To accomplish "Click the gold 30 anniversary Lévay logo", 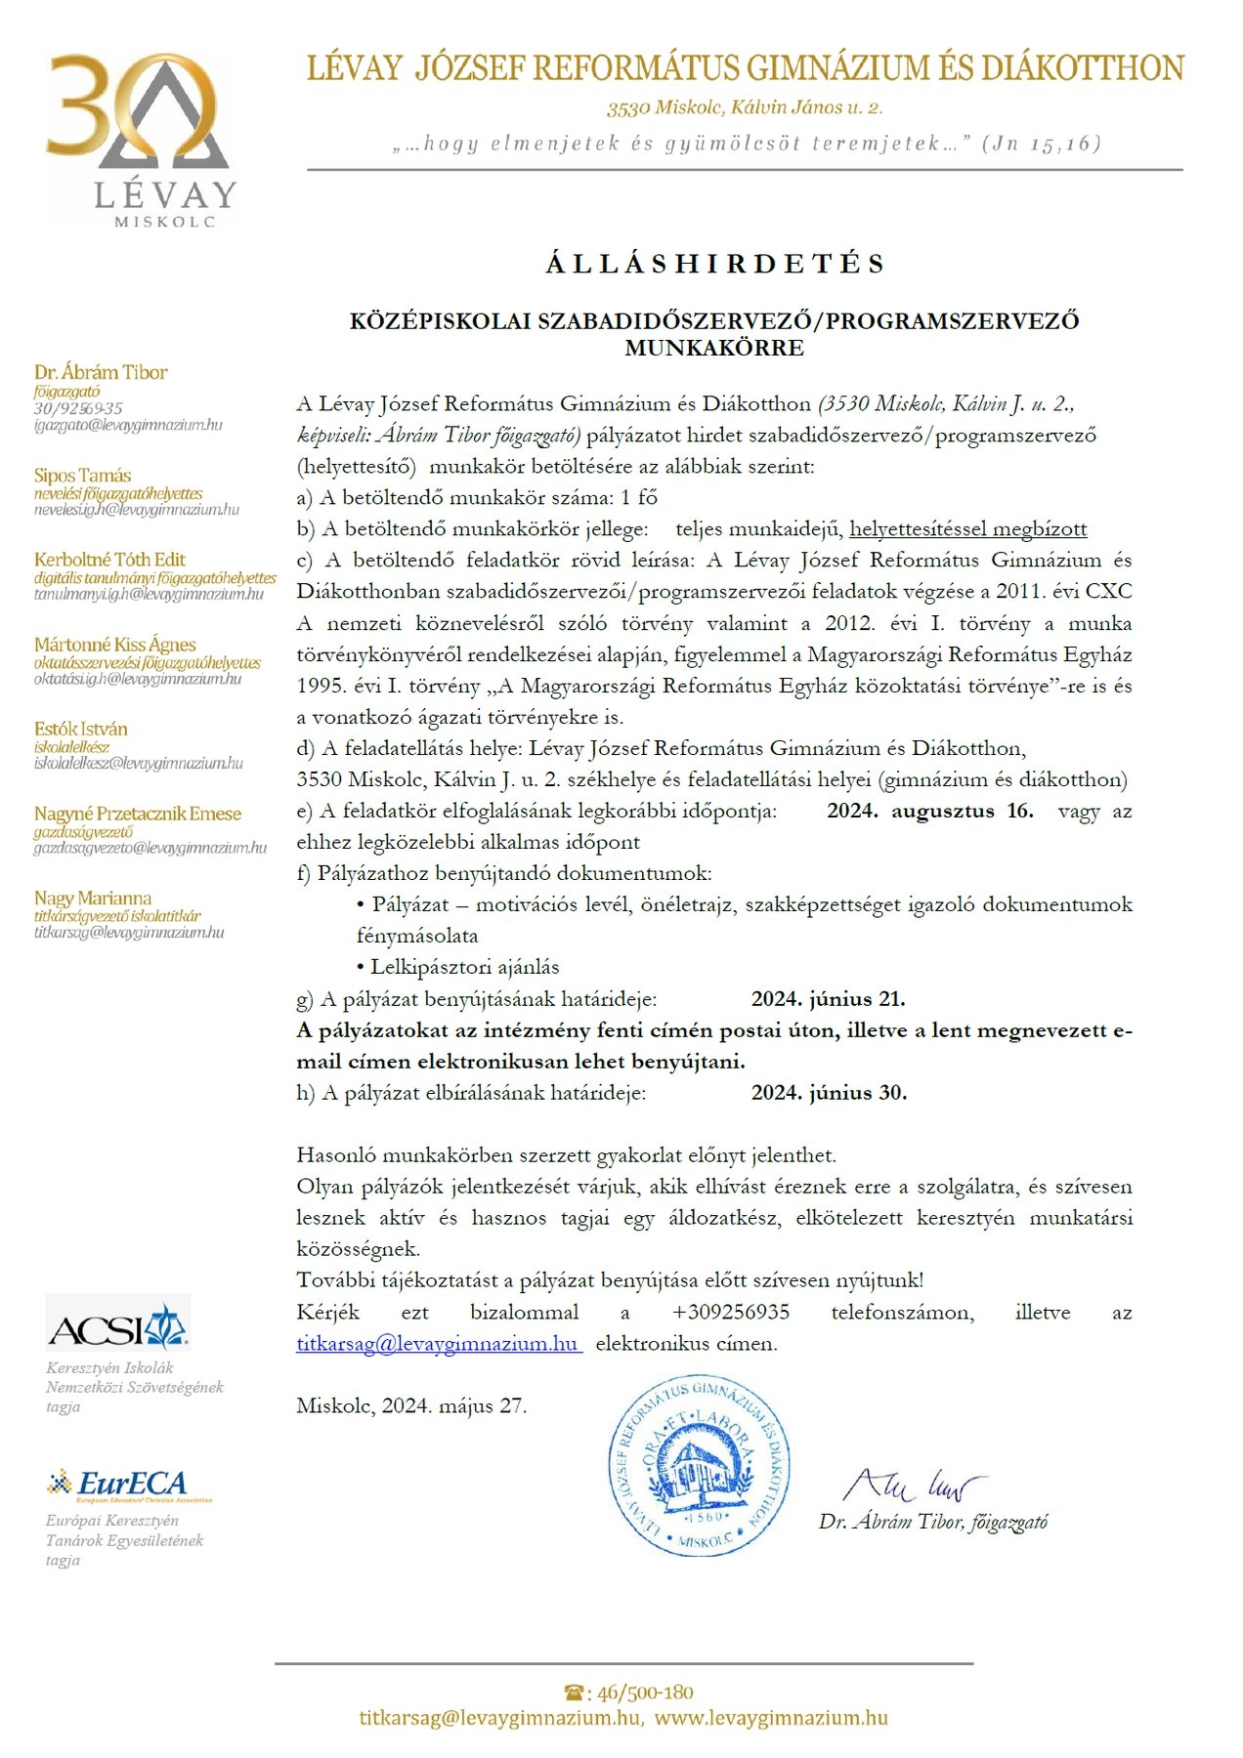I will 140,137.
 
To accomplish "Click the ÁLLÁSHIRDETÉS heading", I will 715,264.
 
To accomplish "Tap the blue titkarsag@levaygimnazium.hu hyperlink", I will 438,1343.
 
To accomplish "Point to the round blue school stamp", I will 699,1465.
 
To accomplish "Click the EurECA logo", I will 130,1485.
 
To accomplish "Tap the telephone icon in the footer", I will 576,1693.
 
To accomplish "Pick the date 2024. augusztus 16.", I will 929,811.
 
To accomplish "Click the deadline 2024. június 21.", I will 828,999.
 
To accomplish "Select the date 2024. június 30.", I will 829,1093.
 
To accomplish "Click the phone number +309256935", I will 731,1312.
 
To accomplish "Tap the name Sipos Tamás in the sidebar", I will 82,476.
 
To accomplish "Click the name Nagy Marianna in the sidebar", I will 93,898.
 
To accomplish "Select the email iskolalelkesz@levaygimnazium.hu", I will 138,764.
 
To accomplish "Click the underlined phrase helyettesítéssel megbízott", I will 967,529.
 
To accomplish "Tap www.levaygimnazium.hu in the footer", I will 771,1718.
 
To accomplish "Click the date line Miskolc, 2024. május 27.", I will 411,1405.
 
